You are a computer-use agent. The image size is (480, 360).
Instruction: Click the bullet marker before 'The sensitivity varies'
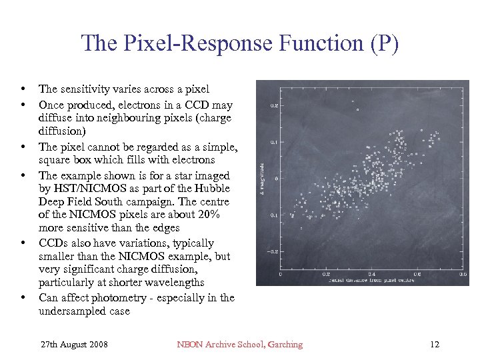point(23,89)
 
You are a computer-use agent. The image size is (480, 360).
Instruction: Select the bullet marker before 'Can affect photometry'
point(23,298)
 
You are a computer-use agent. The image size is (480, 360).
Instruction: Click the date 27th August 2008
point(75,345)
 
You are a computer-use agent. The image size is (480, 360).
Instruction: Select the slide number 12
point(435,345)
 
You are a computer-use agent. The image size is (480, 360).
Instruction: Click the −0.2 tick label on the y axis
point(272,252)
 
